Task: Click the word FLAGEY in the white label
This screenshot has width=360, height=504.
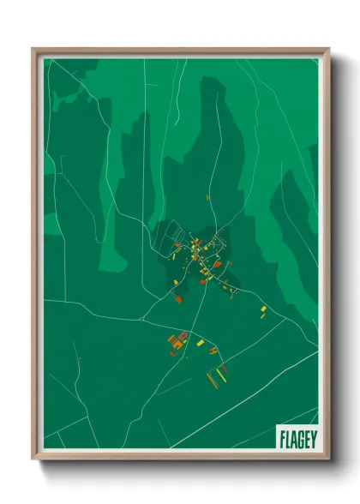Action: pyautogui.click(x=297, y=439)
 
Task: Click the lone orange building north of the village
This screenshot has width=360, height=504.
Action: pyautogui.click(x=208, y=196)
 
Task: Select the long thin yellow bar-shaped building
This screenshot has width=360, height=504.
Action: pyautogui.click(x=225, y=370)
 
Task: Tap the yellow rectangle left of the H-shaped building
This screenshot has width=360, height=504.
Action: pyautogui.click(x=201, y=343)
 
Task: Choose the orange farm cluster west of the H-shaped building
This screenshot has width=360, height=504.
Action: pyautogui.click(x=177, y=341)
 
